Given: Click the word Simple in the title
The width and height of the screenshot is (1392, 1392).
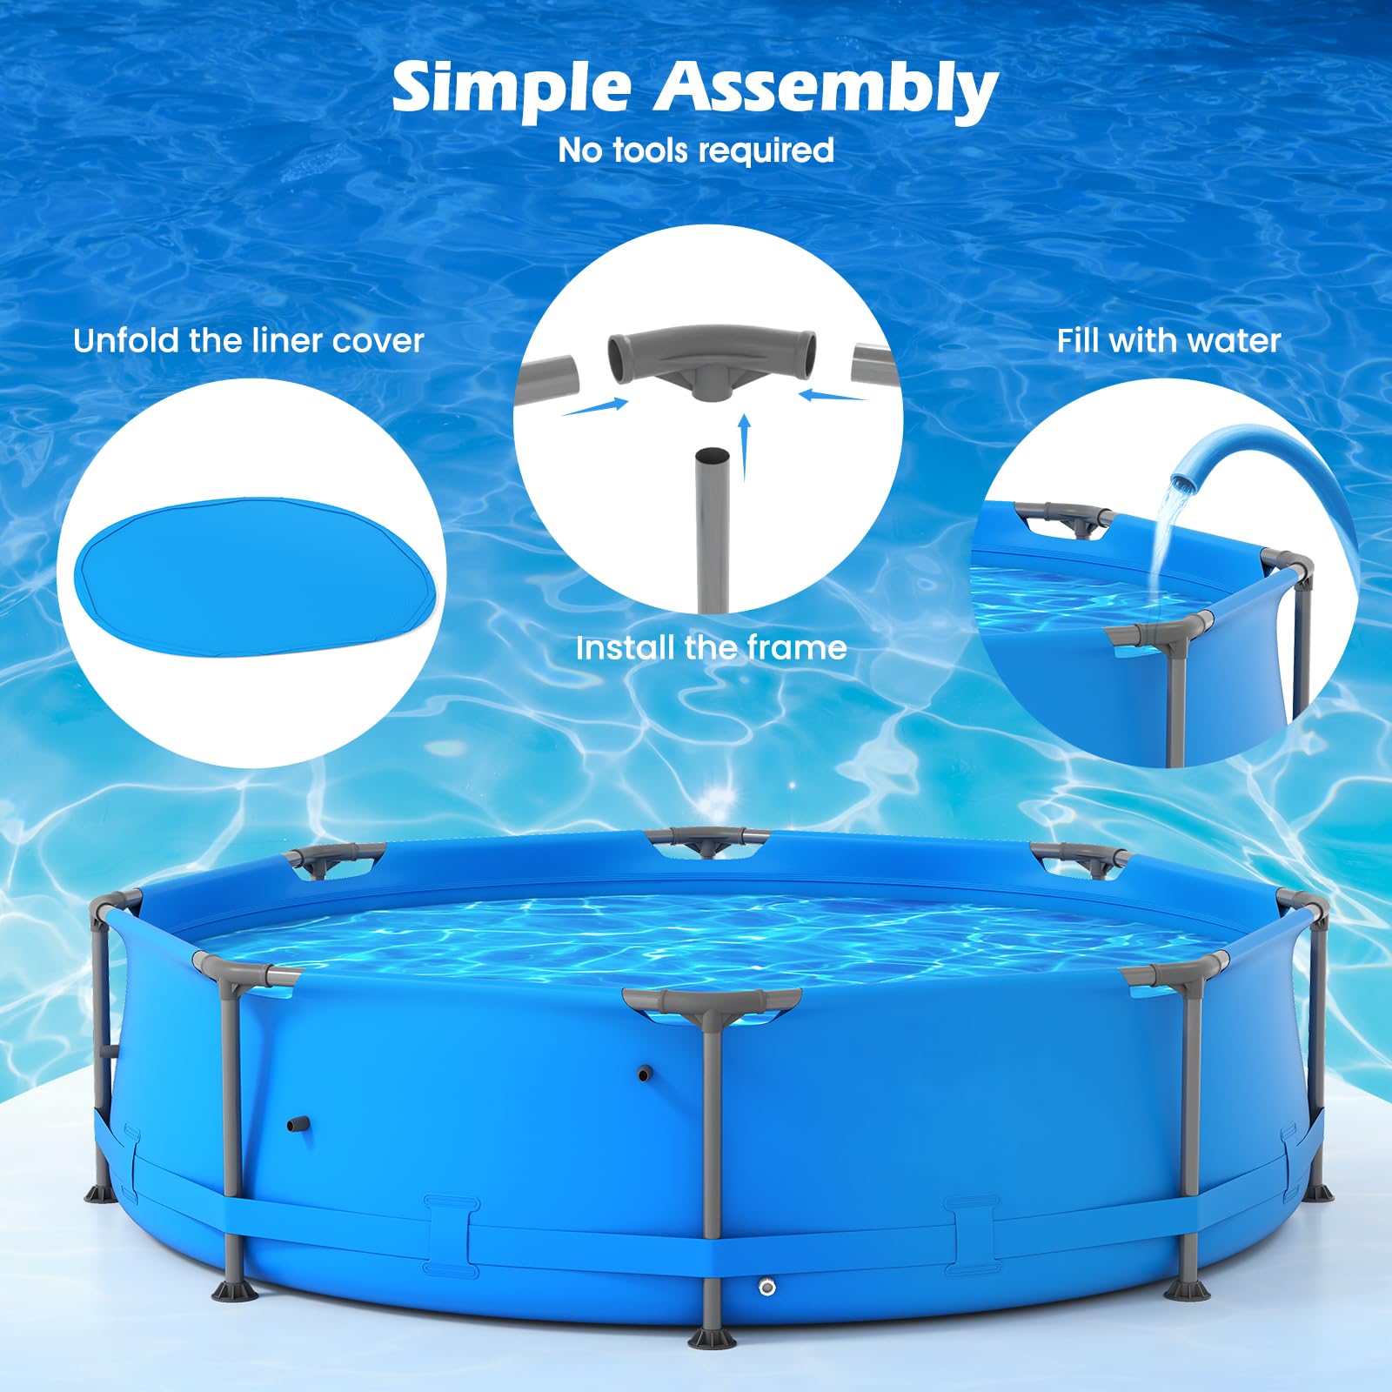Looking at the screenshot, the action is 512,89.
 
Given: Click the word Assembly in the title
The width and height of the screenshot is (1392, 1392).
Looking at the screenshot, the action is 826,91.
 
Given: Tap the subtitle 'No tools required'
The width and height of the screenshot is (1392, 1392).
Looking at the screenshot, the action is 696,151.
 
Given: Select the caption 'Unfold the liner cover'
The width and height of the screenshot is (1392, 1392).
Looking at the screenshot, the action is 249,340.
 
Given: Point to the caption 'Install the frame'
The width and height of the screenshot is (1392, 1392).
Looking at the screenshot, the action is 711,647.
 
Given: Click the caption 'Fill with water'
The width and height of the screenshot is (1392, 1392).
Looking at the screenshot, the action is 1168,340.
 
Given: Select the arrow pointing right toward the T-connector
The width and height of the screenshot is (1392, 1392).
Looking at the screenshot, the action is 595,406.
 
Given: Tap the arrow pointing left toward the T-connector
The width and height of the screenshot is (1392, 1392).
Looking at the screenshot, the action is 833,395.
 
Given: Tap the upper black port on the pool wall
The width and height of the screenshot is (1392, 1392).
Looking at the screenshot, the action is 644,1074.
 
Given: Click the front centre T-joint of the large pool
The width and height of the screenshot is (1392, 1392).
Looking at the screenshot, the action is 712,1003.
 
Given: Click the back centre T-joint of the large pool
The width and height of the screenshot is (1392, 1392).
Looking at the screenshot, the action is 708,840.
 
